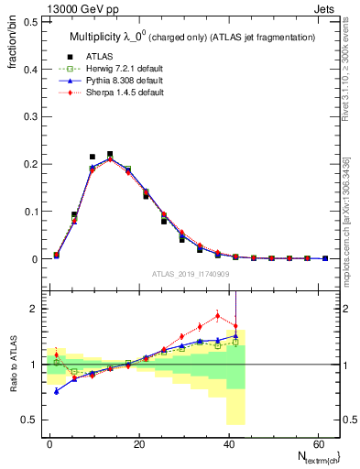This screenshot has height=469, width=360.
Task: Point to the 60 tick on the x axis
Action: (x=318, y=442)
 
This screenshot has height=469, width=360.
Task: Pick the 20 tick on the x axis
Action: (x=139, y=442)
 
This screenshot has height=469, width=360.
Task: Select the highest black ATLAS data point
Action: (x=110, y=154)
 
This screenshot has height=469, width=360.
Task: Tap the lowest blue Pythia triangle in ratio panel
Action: (x=57, y=391)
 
